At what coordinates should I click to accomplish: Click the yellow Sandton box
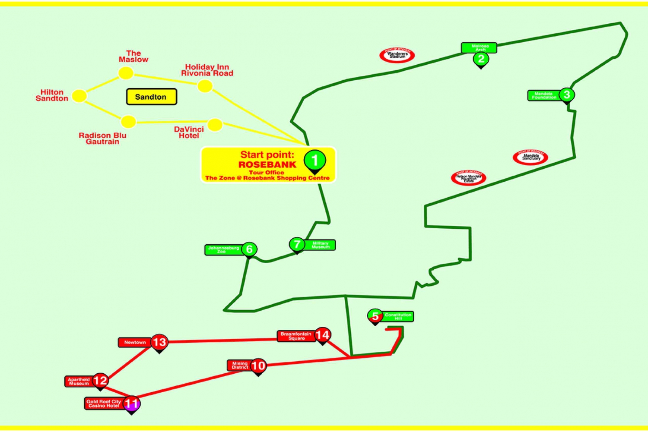coord(151,97)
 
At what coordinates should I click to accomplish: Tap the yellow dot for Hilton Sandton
coord(79,96)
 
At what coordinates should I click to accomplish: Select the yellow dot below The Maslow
coord(126,73)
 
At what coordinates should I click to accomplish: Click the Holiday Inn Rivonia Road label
coord(207,70)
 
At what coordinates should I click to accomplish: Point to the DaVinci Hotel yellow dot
coord(215,125)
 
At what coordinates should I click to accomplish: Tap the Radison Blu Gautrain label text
coord(102,139)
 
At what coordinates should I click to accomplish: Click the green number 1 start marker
coord(314,161)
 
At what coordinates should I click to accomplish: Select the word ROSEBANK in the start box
coord(267,164)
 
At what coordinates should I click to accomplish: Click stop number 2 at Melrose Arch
coord(481,59)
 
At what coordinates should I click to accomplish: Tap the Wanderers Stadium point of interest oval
coord(397,55)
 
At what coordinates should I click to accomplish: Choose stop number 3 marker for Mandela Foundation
coord(566,95)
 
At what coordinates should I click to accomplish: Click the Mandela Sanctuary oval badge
coord(530,158)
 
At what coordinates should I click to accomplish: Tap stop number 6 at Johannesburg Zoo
coord(249,249)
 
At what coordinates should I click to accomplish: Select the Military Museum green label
coord(320,245)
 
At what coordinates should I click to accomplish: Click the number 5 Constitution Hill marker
coord(375,316)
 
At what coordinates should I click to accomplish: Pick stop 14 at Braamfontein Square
coord(322,335)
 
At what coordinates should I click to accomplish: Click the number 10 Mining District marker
coord(258,366)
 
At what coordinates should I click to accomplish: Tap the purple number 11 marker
coord(131,404)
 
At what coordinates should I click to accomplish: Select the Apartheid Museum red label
coord(79,382)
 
